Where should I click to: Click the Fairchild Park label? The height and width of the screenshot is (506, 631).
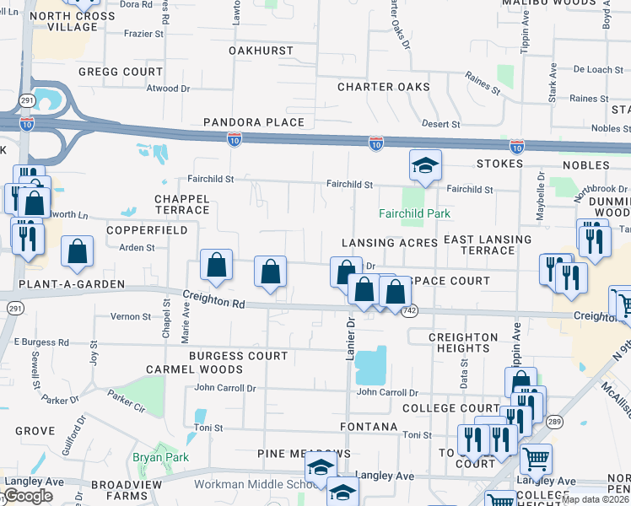pyautogui.click(x=414, y=213)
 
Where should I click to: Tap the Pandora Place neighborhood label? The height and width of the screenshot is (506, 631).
pyautogui.click(x=254, y=122)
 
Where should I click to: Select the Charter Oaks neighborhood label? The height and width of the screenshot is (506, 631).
pyautogui.click(x=384, y=87)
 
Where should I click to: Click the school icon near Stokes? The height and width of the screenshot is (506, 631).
pyautogui.click(x=426, y=164)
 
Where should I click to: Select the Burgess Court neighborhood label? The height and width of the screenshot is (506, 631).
pyautogui.click(x=239, y=356)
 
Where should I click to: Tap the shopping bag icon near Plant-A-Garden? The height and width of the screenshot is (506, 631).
pyautogui.click(x=77, y=251)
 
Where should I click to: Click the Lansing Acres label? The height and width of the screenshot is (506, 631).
pyautogui.click(x=390, y=243)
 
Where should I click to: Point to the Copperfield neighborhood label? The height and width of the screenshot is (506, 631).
pyautogui.click(x=135, y=229)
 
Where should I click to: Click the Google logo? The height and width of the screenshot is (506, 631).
pyautogui.click(x=27, y=496)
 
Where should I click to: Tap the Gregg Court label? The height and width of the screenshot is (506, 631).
pyautogui.click(x=121, y=72)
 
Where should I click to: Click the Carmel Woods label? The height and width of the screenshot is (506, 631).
pyautogui.click(x=182, y=369)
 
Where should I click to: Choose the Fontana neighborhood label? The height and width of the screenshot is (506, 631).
pyautogui.click(x=369, y=428)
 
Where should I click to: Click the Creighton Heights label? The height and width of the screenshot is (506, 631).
pyautogui.click(x=463, y=343)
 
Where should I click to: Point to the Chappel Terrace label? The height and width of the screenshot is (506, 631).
pyautogui.click(x=181, y=204)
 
